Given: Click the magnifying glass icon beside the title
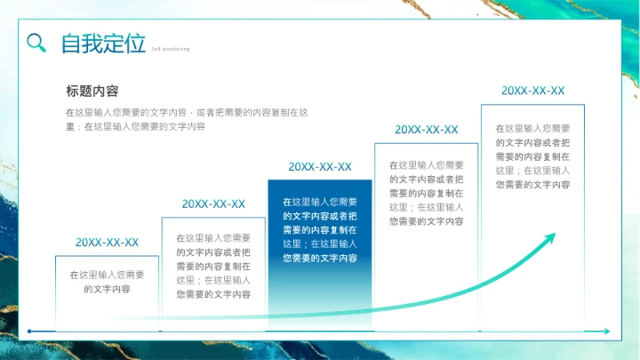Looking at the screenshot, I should pyautogui.click(x=36, y=43).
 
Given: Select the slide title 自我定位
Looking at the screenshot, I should pyautogui.click(x=102, y=43).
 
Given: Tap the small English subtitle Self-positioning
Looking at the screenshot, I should pyautogui.click(x=170, y=49).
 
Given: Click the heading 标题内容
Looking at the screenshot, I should pyautogui.click(x=92, y=91).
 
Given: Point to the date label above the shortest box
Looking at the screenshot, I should pyautogui.click(x=107, y=242).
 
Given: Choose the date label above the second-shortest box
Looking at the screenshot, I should pyautogui.click(x=213, y=204).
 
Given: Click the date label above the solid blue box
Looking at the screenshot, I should pyautogui.click(x=320, y=166).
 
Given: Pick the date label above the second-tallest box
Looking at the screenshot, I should pyautogui.click(x=427, y=129).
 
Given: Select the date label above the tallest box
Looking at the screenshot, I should pyautogui.click(x=533, y=91).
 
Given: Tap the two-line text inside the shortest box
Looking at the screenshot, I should pyautogui.click(x=107, y=282).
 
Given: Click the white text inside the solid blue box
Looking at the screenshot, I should pyautogui.click(x=320, y=229).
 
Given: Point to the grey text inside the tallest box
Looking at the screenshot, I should pyautogui.click(x=533, y=156).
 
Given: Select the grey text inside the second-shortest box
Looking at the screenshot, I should pyautogui.click(x=213, y=266).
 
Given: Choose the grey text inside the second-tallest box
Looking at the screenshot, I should pyautogui.click(x=427, y=192).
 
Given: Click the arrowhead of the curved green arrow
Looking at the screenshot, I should pyautogui.click(x=551, y=237).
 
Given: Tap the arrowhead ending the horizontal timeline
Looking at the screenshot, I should pyautogui.click(x=606, y=332).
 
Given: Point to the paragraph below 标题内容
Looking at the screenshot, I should pyautogui.click(x=187, y=119).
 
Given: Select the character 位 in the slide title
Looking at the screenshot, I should pyautogui.click(x=134, y=43).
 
